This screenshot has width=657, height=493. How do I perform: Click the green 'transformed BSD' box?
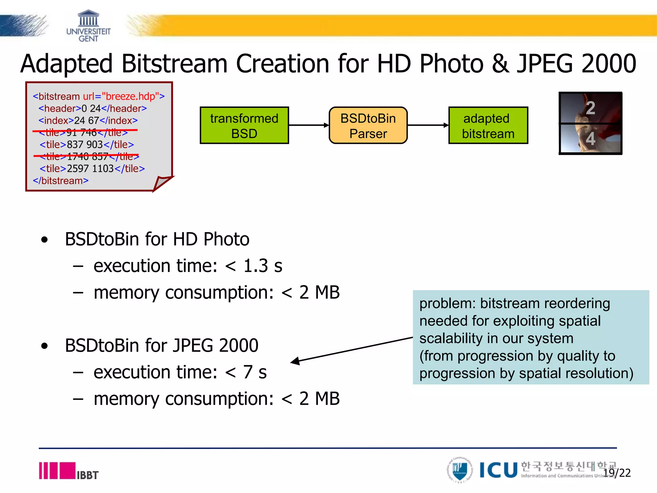pyautogui.click(x=244, y=125)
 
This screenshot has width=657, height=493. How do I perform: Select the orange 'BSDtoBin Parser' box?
pyautogui.click(x=368, y=125)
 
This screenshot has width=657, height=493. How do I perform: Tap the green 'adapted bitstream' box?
pyautogui.click(x=488, y=125)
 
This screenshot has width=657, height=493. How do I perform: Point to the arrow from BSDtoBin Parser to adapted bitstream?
pyautogui.click(x=428, y=125)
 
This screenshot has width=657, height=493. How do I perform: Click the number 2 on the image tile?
pyautogui.click(x=590, y=108)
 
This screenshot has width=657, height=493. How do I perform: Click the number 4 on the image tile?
pyautogui.click(x=590, y=139)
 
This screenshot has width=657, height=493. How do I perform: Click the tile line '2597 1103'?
pyautogui.click(x=92, y=169)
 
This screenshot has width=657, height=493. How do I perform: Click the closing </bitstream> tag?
pyautogui.click(x=61, y=181)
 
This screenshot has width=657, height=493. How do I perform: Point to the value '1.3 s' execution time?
pyautogui.click(x=263, y=266)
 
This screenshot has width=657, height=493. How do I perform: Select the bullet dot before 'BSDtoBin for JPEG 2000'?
pyautogui.click(x=45, y=346)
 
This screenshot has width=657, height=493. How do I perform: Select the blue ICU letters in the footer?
pyautogui.click(x=499, y=470)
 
